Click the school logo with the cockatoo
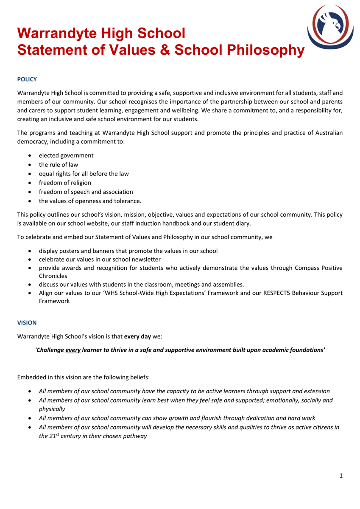pos(330,26)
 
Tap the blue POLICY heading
pos(27,79)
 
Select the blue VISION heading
pos(27,323)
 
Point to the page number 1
pos(341,475)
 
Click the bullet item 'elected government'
pos(66,155)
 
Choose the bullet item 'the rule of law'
pos(59,165)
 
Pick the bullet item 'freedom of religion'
pos(65,183)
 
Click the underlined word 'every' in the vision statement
pos(73,350)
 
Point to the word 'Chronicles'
pos(53,276)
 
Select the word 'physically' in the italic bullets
pos(52,409)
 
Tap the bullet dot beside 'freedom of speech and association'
pos(29,192)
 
